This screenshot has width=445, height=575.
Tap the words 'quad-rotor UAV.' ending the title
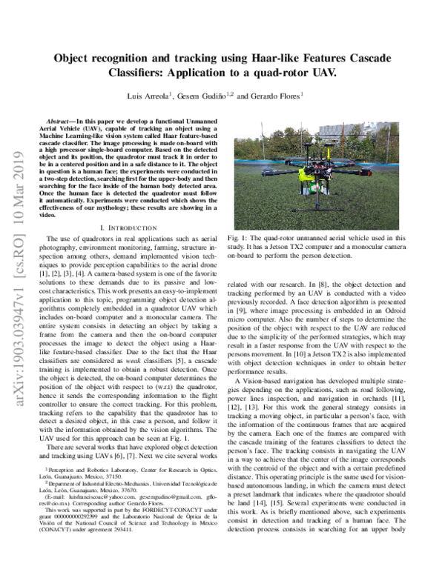300,73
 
